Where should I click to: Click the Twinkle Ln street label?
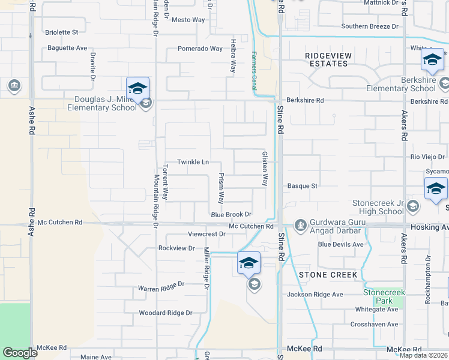click(193, 162)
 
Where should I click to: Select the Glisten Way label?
click(264, 168)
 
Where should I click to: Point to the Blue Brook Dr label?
click(231, 214)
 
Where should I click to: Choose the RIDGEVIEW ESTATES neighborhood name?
click(328, 60)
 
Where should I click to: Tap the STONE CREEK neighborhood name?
click(328, 275)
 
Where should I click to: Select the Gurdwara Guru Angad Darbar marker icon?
click(301, 225)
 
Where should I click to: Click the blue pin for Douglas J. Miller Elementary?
click(137, 88)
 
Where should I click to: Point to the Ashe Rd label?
click(32, 221)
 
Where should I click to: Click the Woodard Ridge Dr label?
click(165, 313)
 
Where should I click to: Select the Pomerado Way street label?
click(200, 49)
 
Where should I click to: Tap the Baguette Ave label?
click(67, 47)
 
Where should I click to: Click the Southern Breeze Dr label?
click(370, 26)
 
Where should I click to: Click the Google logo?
click(20, 353)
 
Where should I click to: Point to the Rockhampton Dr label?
click(428, 280)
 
